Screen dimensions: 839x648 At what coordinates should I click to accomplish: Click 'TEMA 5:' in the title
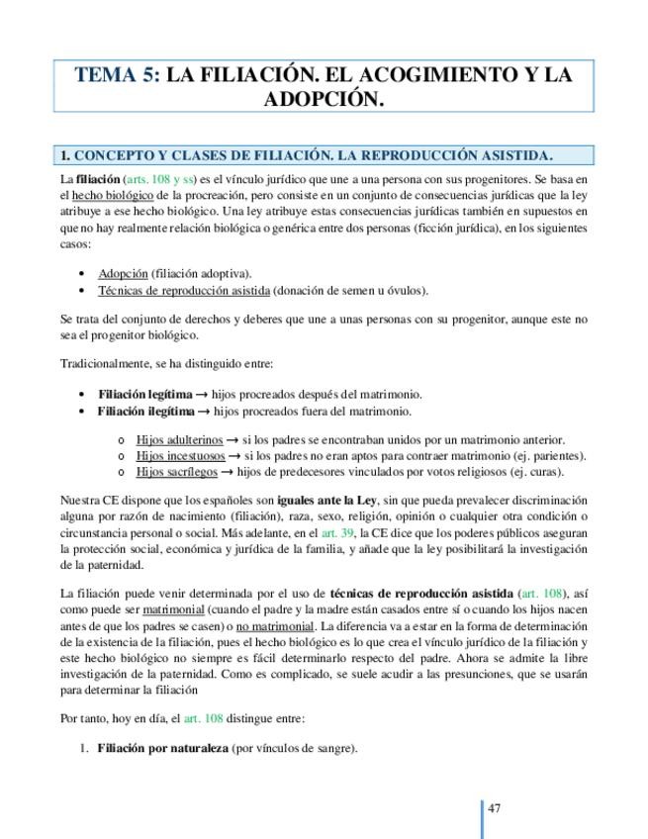pos(117,75)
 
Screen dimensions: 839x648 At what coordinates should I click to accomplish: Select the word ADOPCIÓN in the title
pos(324,100)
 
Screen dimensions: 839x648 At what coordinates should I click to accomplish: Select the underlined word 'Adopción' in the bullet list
pos(123,273)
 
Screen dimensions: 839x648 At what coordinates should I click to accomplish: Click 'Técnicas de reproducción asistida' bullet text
pos(183,290)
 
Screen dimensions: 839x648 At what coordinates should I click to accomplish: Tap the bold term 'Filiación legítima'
pos(144,394)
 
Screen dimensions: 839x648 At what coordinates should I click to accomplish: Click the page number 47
pos(495,808)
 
